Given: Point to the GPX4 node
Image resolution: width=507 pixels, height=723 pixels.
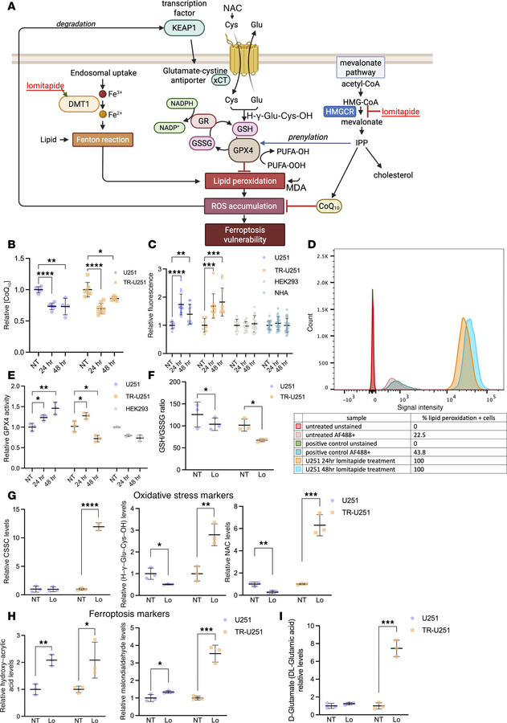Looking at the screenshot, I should pos(250,153).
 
